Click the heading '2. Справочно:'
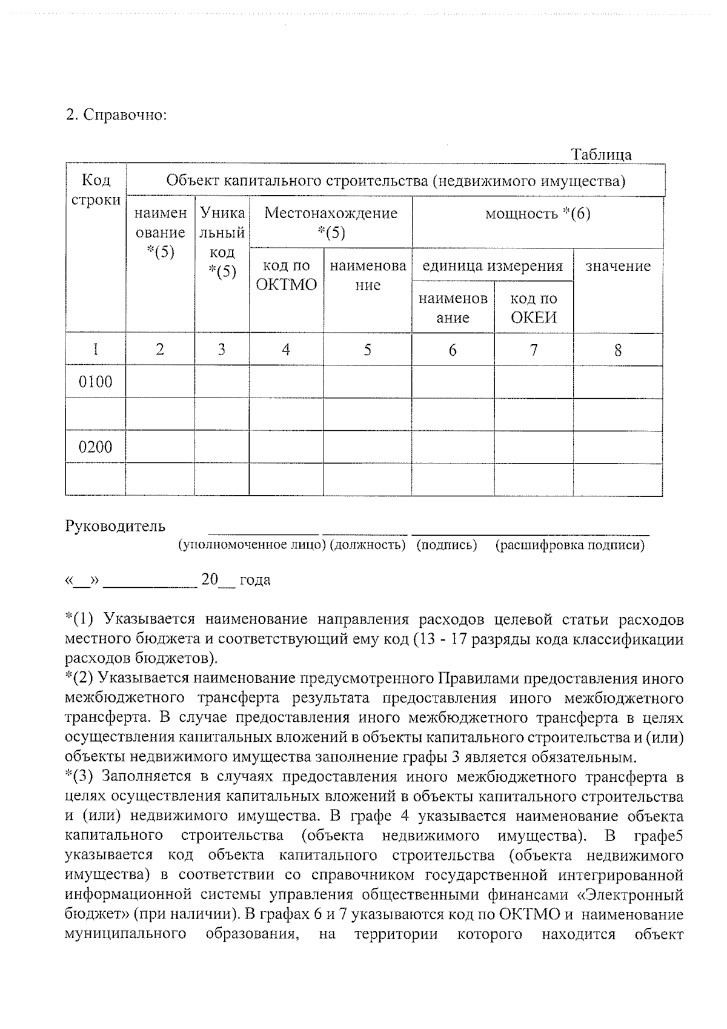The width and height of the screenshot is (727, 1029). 116,115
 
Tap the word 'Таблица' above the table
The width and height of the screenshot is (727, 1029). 602,155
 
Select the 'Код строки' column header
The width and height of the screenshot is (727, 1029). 96,190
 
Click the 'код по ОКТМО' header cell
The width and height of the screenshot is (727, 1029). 286,275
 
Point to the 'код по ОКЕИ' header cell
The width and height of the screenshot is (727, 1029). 533,308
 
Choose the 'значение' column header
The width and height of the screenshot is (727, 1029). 617,266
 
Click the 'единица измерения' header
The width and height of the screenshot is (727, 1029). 492,266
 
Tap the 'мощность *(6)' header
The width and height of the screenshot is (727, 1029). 537,213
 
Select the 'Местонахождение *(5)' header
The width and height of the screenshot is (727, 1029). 331,222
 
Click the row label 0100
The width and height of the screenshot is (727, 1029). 96,382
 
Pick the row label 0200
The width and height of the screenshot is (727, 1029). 96,447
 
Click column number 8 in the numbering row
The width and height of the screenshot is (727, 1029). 617,350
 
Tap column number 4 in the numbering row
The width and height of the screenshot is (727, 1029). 286,349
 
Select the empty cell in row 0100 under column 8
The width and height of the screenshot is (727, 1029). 617,382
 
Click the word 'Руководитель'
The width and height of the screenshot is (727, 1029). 115,526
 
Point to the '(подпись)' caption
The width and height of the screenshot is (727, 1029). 446,545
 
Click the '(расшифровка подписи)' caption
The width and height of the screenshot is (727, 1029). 569,545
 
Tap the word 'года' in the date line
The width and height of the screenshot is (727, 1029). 255,580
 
